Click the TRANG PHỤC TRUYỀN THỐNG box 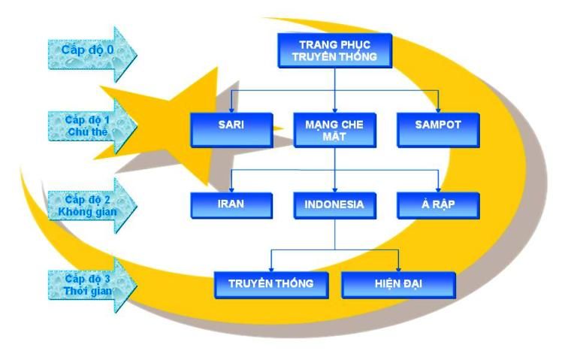(334, 51)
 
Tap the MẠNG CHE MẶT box (334, 129)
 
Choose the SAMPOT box (437, 128)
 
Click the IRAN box (230, 205)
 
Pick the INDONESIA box (334, 205)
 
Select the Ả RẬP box (437, 205)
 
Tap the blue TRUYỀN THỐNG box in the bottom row (270, 284)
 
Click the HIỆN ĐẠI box (398, 284)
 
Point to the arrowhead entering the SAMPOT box (438, 109)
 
